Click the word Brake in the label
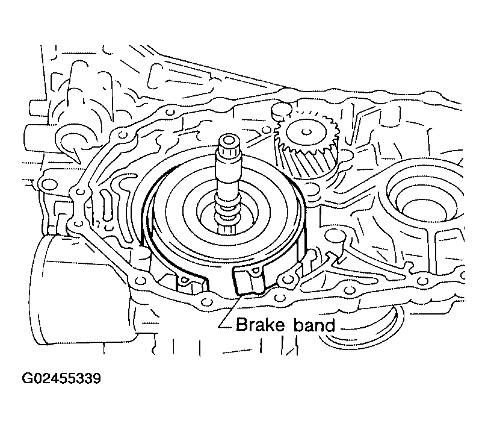pos(260,325)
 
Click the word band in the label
pos(313,325)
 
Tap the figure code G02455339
pos(61,378)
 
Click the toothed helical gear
pos(306,146)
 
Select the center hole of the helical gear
pos(306,132)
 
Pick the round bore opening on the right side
pos(425,199)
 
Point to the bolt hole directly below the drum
pos(206,302)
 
